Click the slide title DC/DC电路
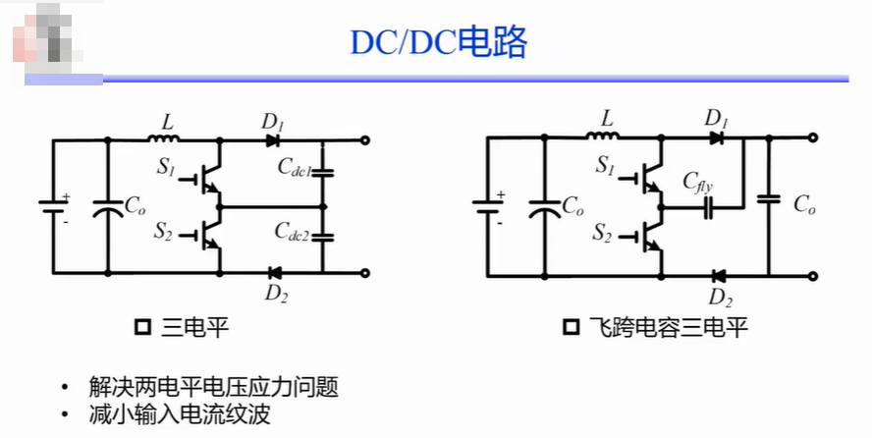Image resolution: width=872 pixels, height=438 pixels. pos(438,42)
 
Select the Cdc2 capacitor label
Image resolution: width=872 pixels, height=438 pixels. pos(292,232)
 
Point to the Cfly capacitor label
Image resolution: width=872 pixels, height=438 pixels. pos(698,183)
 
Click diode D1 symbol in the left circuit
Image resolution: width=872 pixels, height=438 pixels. pos(273,140)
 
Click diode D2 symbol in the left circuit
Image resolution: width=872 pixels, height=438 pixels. pos(274,273)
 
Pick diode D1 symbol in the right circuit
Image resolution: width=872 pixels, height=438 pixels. pos(717,137)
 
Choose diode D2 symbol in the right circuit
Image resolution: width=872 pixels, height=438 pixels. pos(718,276)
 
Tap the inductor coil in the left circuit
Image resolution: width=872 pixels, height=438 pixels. pos(164,137)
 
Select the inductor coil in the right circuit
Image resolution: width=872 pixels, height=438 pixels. pos(603,135)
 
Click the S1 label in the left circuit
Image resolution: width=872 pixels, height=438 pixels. pos(166,166)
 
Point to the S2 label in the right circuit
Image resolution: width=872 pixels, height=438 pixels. pos(602,233)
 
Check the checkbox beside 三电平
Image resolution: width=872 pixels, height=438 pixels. pos(143,327)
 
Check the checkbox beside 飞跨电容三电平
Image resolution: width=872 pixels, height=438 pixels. pos(572,327)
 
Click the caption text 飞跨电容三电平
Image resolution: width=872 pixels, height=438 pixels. pos(668,327)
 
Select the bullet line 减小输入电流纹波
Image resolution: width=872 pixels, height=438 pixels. pos(180,414)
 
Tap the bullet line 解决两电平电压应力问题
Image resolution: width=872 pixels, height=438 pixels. pos(213,387)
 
